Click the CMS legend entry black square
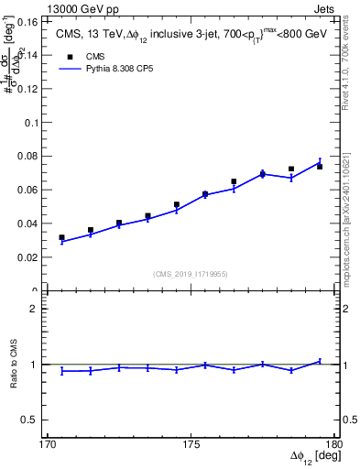[x=70, y=56]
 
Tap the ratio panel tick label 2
[x=39, y=309]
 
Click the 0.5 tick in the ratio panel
[x=36, y=420]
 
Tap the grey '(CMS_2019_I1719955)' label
[x=190, y=273]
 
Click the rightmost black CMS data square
[x=320, y=167]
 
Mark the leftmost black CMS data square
[x=61, y=237]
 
